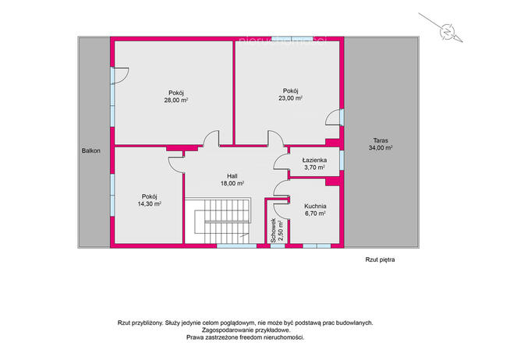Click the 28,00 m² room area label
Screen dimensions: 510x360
(x=176, y=101)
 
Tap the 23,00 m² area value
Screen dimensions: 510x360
(x=290, y=98)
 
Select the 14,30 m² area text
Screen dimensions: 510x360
(x=149, y=204)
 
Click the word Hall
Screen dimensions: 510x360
(x=232, y=176)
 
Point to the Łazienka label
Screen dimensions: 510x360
(x=314, y=161)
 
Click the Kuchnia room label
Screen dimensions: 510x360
(x=315, y=206)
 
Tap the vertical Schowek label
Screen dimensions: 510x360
(x=274, y=230)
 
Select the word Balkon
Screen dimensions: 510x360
(x=91, y=150)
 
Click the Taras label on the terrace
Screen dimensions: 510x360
(x=381, y=141)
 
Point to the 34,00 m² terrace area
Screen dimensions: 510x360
(x=381, y=148)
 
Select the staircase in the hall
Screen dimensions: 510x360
(x=218, y=221)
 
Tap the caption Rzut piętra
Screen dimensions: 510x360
(x=380, y=259)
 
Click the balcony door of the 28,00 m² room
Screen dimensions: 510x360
(x=120, y=76)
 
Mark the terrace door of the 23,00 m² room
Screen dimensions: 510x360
(x=335, y=118)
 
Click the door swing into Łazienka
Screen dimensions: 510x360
(x=282, y=162)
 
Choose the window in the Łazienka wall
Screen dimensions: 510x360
(x=342, y=160)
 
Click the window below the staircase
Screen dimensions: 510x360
(x=237, y=246)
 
